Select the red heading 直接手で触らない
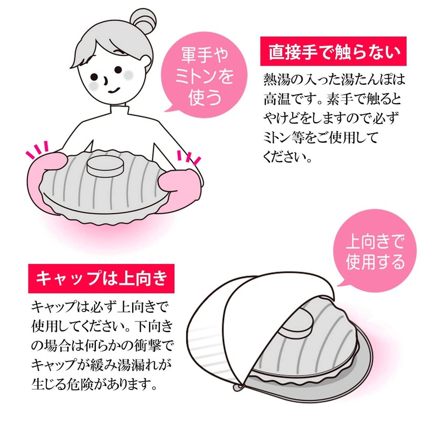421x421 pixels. pos(334,51)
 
